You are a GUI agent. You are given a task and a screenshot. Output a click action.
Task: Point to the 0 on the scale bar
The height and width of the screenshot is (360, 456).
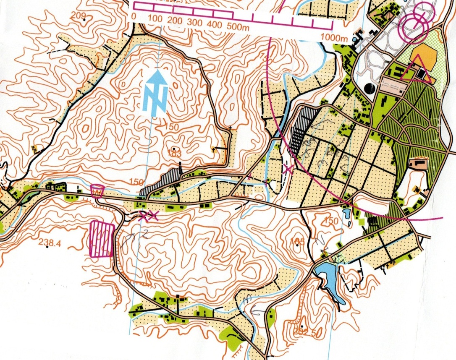point(134,17)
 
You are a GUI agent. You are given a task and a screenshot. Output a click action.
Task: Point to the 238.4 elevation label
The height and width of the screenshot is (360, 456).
point(50,242)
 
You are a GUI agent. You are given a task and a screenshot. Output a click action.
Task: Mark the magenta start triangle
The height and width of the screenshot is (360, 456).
point(415,70)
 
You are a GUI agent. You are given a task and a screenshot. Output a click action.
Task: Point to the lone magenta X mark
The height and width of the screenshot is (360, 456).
point(288,170)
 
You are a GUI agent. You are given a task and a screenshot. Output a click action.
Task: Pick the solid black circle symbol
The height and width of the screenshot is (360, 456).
point(370,89)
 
